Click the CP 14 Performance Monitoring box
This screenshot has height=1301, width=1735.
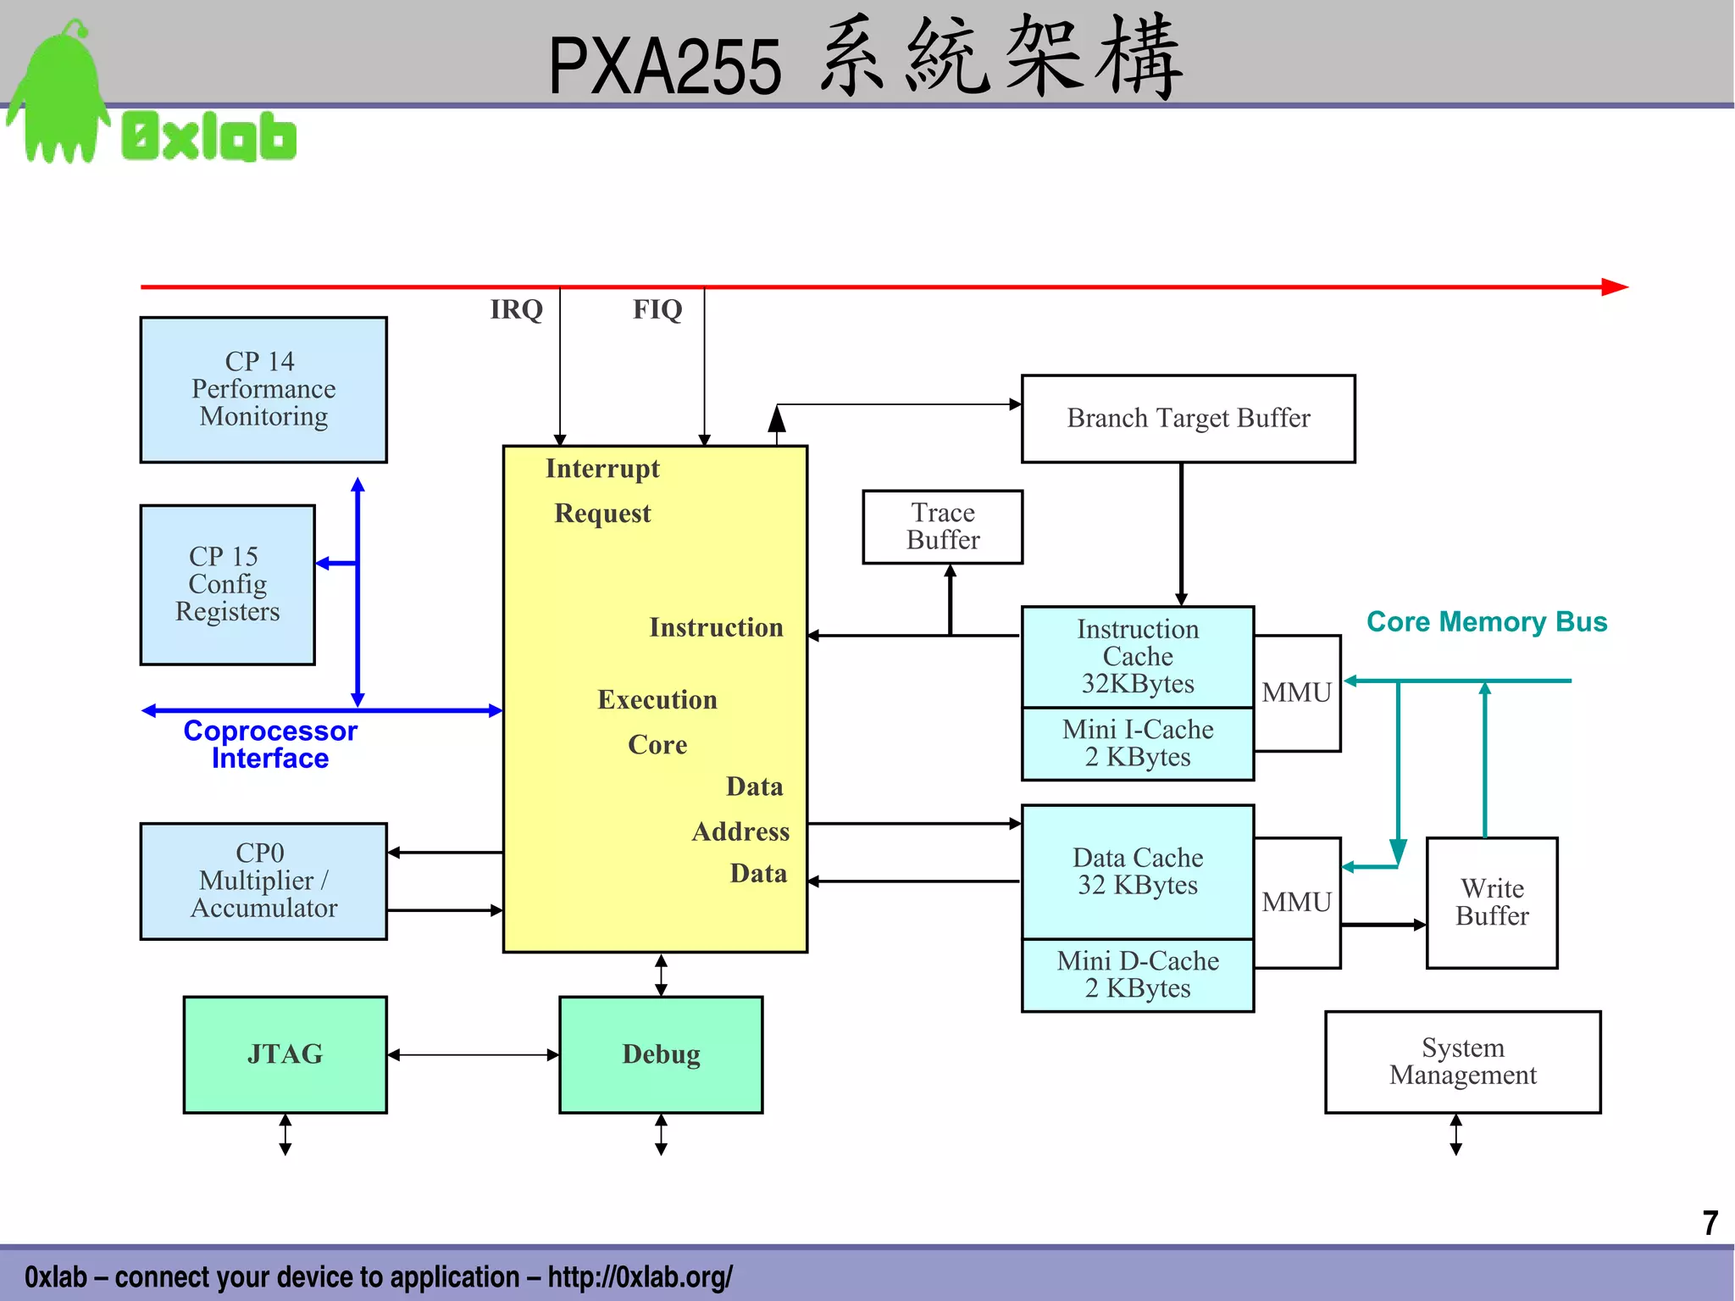click(x=263, y=390)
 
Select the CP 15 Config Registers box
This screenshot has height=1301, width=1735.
click(x=227, y=585)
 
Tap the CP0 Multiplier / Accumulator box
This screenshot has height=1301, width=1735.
click(x=263, y=881)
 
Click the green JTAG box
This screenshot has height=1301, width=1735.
click(x=285, y=1054)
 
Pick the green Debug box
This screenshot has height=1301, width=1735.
click(x=661, y=1054)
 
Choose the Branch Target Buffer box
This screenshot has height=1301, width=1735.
click(x=1188, y=419)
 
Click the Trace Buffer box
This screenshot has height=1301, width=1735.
click(x=942, y=526)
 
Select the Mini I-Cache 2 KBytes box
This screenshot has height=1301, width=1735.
click(x=1137, y=743)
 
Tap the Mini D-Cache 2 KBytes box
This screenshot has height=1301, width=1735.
click(x=1137, y=975)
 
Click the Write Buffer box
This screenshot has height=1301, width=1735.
click(x=1492, y=903)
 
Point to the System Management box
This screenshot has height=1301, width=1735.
click(x=1462, y=1061)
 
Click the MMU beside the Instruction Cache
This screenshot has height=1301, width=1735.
click(x=1296, y=693)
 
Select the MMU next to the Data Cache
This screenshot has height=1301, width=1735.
click(x=1296, y=903)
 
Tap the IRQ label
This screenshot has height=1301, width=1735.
click(x=516, y=309)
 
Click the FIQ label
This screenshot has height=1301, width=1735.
click(x=657, y=309)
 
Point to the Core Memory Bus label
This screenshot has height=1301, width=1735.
click(x=1487, y=622)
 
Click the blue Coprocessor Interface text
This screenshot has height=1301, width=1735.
click(x=270, y=744)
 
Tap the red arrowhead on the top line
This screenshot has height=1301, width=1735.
click(x=1615, y=287)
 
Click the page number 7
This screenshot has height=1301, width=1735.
click(x=1710, y=1223)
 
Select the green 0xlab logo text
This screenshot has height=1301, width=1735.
click(x=208, y=136)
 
